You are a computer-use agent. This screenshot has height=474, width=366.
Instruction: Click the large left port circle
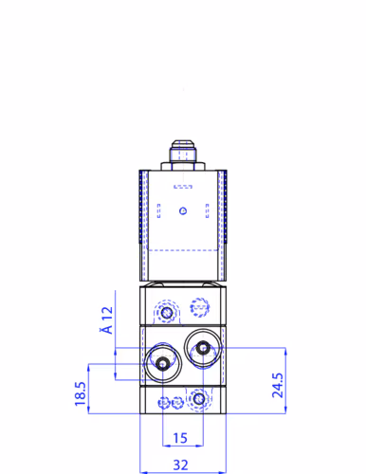[x=164, y=363]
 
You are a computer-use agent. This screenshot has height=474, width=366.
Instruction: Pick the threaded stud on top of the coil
[x=183, y=149]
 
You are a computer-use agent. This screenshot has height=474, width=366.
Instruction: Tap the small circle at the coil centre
[x=184, y=210]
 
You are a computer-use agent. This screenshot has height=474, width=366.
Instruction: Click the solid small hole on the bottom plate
[x=197, y=401]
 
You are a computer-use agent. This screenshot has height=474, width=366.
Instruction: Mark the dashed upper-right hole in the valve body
[x=199, y=306]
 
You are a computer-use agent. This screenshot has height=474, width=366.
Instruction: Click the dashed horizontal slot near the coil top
[x=184, y=186]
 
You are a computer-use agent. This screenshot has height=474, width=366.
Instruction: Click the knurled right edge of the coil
[x=224, y=218]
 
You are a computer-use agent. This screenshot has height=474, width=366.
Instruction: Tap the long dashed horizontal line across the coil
[x=184, y=248]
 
